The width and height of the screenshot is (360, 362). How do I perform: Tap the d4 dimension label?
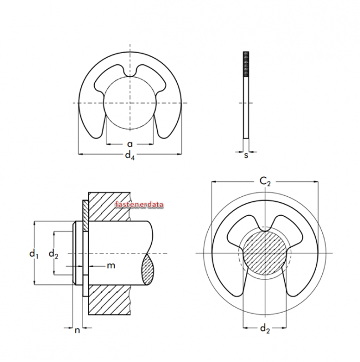pyautogui.click(x=130, y=157)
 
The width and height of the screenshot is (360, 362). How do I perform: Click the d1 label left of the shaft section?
pyautogui.click(x=34, y=254)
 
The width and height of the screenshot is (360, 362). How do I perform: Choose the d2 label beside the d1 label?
pyautogui.click(x=53, y=254)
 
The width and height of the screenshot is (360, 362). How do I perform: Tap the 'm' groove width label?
pyautogui.click(x=111, y=266)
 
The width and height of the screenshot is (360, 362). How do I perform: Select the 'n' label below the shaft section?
pyautogui.click(x=78, y=330)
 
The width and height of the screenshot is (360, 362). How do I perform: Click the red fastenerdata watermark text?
pyautogui.click(x=139, y=205)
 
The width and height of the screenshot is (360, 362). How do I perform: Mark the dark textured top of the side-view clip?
pyautogui.click(x=245, y=64)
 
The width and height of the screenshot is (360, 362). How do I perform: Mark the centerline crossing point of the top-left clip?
pyautogui.click(x=130, y=103)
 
